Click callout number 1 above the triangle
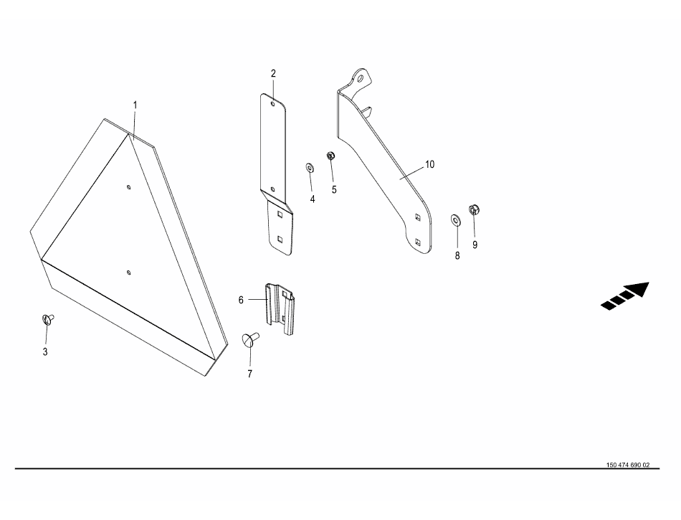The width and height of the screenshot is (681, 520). click(x=135, y=105)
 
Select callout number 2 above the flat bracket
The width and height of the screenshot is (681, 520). click(x=273, y=73)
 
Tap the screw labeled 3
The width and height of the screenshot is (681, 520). click(x=48, y=319)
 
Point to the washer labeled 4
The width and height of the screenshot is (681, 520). click(x=310, y=168)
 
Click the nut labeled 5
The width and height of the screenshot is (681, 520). click(x=330, y=155)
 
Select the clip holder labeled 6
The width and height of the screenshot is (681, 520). click(x=280, y=309)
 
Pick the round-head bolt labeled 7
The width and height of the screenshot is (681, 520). click(x=249, y=339)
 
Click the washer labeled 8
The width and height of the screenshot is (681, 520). click(x=456, y=220)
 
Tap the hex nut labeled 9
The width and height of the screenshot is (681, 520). click(x=474, y=210)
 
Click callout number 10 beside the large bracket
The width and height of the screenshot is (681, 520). click(x=429, y=165)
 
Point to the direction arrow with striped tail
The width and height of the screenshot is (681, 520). click(x=625, y=296)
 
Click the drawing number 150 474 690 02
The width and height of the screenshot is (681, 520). click(x=628, y=465)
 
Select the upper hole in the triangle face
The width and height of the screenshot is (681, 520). click(x=128, y=187)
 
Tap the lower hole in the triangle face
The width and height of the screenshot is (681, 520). click(x=128, y=273)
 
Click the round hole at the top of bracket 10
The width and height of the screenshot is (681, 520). click(x=360, y=79)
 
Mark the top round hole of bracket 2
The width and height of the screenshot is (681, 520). click(x=272, y=104)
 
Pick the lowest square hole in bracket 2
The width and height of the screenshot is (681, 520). click(x=280, y=239)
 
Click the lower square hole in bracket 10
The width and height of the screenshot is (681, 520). click(x=417, y=242)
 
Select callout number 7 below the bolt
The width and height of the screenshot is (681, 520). click(x=249, y=374)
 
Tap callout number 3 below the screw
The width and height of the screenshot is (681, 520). click(x=45, y=352)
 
